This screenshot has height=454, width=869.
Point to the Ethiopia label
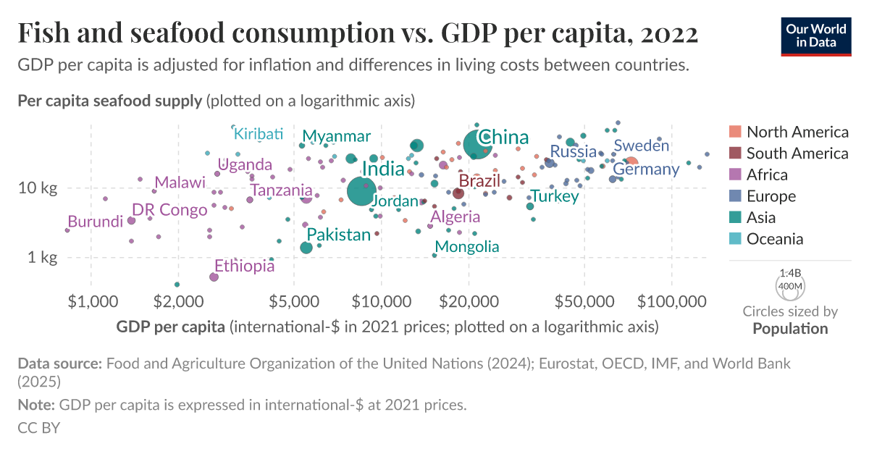click(x=244, y=266)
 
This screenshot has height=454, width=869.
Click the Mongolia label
click(x=466, y=246)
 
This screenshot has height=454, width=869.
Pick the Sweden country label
click(x=641, y=146)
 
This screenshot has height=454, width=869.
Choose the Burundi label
click(x=95, y=222)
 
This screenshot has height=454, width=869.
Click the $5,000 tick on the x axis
click(x=294, y=300)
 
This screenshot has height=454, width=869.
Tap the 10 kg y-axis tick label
click(x=38, y=188)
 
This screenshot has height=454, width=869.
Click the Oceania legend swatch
click(x=735, y=239)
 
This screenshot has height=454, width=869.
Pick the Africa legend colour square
click(x=735, y=175)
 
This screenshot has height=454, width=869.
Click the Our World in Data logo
click(x=815, y=33)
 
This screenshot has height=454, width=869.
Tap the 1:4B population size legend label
click(x=789, y=274)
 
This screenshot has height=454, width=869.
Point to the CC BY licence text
click(x=38, y=427)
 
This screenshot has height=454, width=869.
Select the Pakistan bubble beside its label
click(x=306, y=248)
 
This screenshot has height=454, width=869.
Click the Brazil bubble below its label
click(x=458, y=193)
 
